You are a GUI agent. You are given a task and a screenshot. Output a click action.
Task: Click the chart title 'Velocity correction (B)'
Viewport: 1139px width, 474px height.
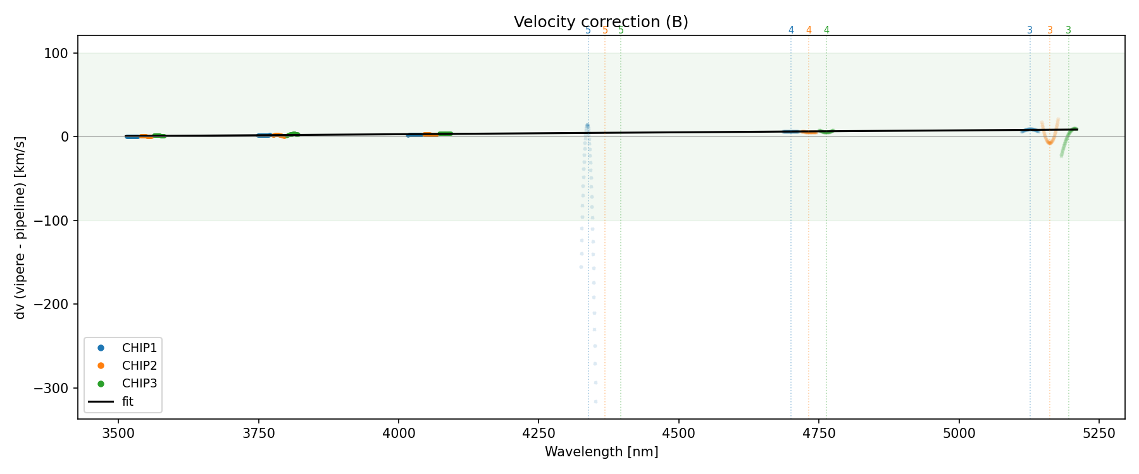[x=601, y=22]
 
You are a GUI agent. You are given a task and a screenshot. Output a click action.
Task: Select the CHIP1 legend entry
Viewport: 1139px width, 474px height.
[x=139, y=348]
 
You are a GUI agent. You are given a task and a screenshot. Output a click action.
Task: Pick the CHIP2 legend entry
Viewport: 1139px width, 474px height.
[x=139, y=365]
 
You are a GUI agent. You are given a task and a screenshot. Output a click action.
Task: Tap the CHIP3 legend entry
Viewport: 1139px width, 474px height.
[x=139, y=383]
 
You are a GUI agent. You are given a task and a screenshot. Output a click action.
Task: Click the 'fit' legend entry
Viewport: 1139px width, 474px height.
[x=127, y=401]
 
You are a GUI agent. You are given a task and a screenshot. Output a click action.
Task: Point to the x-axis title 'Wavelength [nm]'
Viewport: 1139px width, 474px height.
[x=601, y=452]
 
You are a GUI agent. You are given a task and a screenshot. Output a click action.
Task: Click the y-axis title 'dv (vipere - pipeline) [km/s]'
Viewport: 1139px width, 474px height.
[x=20, y=228]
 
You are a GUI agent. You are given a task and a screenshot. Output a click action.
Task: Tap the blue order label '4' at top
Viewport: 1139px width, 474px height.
[x=791, y=30]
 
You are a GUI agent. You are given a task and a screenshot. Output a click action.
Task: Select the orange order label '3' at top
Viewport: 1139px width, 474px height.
[x=1050, y=30]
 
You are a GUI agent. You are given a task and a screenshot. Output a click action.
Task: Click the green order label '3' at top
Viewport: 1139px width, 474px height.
[x=1069, y=30]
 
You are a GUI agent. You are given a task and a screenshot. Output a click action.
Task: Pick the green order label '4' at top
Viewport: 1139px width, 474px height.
[x=826, y=30]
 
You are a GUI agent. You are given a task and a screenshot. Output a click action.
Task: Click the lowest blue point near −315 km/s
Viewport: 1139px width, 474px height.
[x=595, y=401]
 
